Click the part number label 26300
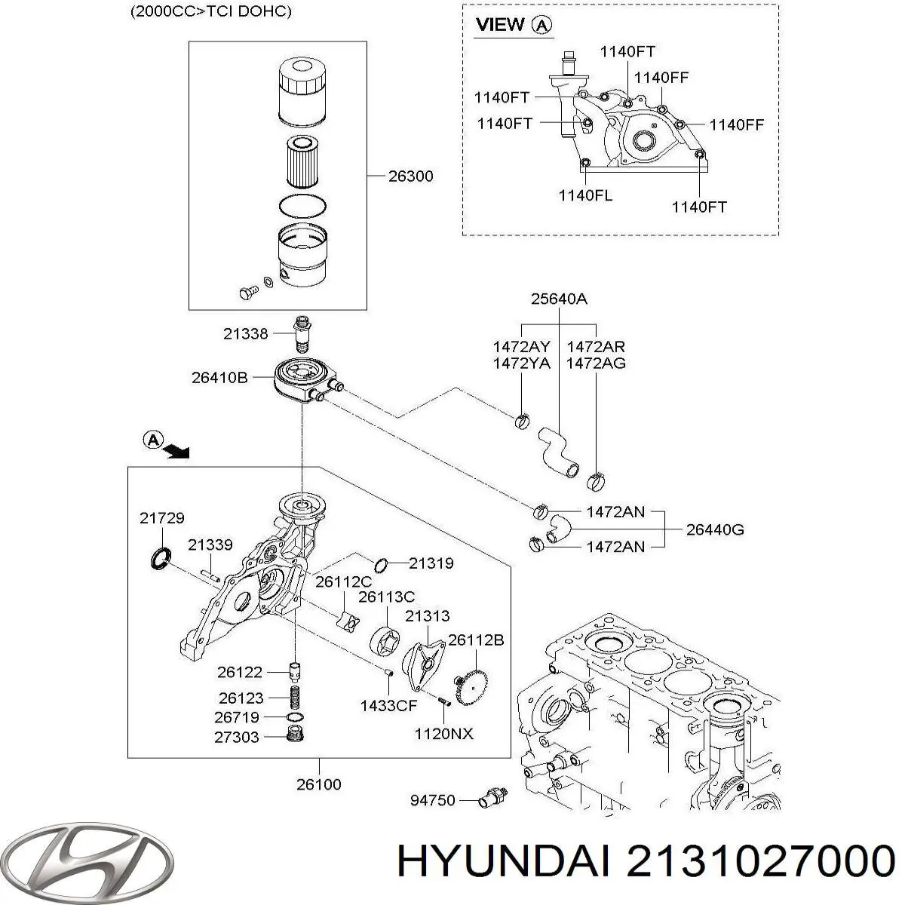[x=410, y=176]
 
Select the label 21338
[x=246, y=333]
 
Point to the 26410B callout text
[x=219, y=378]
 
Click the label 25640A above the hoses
[x=559, y=299]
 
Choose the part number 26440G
[x=714, y=529]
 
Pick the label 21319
[x=431, y=563]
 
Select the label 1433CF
[x=388, y=706]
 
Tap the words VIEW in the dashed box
[x=500, y=25]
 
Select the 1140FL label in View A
[x=585, y=195]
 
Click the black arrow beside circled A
[x=178, y=451]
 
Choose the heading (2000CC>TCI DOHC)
[x=200, y=12]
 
